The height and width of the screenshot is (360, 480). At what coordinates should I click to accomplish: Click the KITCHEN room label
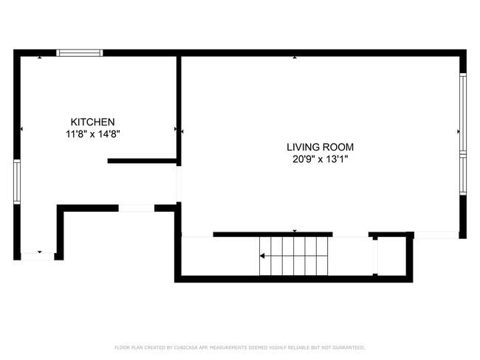pyautogui.click(x=93, y=122)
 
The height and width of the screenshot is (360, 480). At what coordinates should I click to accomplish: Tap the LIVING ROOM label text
pyautogui.click(x=320, y=147)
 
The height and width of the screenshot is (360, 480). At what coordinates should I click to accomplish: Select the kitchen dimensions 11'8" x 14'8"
pyautogui.click(x=93, y=134)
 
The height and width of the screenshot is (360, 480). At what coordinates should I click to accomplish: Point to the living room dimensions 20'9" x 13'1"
pyautogui.click(x=320, y=159)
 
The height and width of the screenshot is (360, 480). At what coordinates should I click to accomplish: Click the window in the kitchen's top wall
pyautogui.click(x=80, y=53)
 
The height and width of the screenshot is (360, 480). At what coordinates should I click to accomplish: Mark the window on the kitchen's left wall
pyautogui.click(x=17, y=181)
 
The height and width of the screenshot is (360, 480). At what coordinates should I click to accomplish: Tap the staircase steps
pyautogui.click(x=294, y=256)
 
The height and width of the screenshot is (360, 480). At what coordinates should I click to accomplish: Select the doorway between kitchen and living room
pyautogui.click(x=179, y=184)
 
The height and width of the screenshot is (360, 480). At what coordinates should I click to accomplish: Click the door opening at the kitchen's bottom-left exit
pyautogui.click(x=38, y=256)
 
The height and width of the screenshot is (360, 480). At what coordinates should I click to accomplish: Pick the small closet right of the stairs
pyautogui.click(x=392, y=256)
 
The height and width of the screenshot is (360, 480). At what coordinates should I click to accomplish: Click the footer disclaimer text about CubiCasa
pyautogui.click(x=240, y=347)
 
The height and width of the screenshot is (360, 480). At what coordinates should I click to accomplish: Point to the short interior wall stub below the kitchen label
pyautogui.click(x=142, y=161)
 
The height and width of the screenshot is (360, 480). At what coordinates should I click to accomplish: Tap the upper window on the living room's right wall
pyautogui.click(x=463, y=113)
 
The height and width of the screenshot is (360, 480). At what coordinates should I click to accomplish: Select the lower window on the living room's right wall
pyautogui.click(x=463, y=174)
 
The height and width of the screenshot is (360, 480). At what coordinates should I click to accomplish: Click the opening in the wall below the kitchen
pyautogui.click(x=136, y=208)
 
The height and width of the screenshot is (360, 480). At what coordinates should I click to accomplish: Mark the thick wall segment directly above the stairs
pyautogui.click(x=272, y=235)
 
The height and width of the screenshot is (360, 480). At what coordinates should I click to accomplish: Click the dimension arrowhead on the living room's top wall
pyautogui.click(x=295, y=58)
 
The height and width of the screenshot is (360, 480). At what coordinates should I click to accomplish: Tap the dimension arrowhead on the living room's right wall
pyautogui.click(x=459, y=131)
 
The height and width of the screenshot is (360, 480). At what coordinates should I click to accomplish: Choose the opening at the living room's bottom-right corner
pyautogui.click(x=436, y=235)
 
